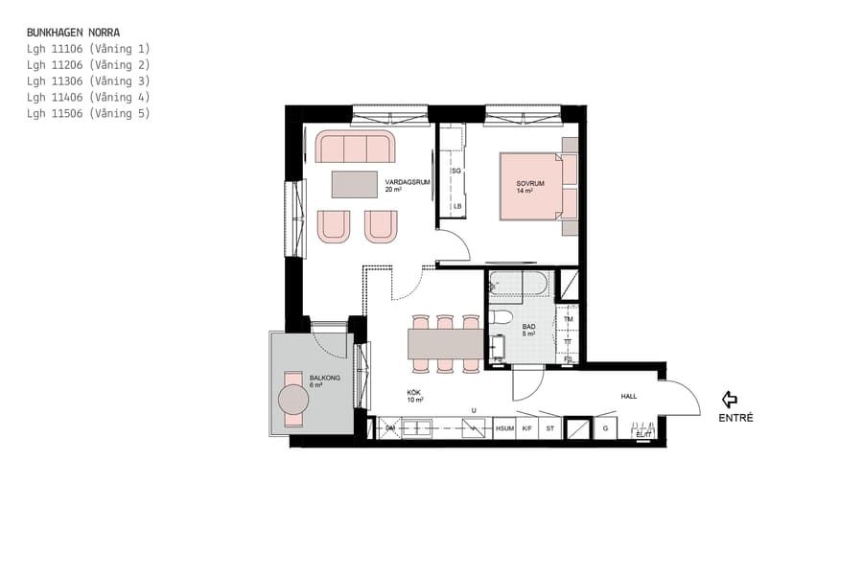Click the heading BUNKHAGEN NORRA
(73, 32)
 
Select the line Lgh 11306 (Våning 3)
(88, 80)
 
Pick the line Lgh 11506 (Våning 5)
(88, 113)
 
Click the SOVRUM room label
(530, 183)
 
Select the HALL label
(628, 396)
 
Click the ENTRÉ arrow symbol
(730, 399)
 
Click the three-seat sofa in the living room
(355, 148)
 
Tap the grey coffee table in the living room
(355, 183)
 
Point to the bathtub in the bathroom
(518, 284)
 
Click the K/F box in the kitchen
(526, 429)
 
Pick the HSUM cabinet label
(503, 429)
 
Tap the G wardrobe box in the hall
(605, 428)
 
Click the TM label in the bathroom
(568, 319)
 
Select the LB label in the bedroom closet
(457, 206)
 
